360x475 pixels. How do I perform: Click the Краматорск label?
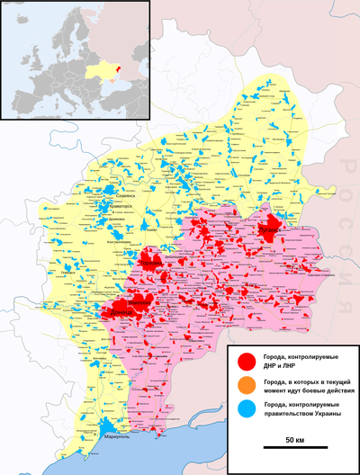coord(120,206)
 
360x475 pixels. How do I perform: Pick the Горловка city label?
coord(150,264)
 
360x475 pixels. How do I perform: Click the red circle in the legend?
coord(245,362)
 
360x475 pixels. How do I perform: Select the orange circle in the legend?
coord(245,386)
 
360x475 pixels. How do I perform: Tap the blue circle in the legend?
coord(245,410)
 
